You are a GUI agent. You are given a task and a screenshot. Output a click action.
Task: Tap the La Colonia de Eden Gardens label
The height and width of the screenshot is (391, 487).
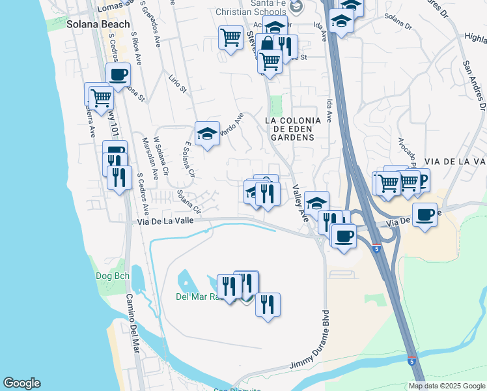[x=293, y=129]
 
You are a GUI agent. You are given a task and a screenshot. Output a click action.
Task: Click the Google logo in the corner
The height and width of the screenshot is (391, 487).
[x=21, y=383]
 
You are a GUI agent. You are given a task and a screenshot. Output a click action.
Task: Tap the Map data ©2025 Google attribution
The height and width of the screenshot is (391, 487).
[x=447, y=386]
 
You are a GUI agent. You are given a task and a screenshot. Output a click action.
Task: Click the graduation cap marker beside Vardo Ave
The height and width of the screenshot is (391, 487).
[x=208, y=134]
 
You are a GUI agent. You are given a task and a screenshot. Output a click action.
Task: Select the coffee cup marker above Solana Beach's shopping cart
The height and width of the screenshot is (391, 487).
[x=118, y=75]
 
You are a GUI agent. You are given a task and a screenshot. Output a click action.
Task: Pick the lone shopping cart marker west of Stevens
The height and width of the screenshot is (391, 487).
[x=231, y=38]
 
